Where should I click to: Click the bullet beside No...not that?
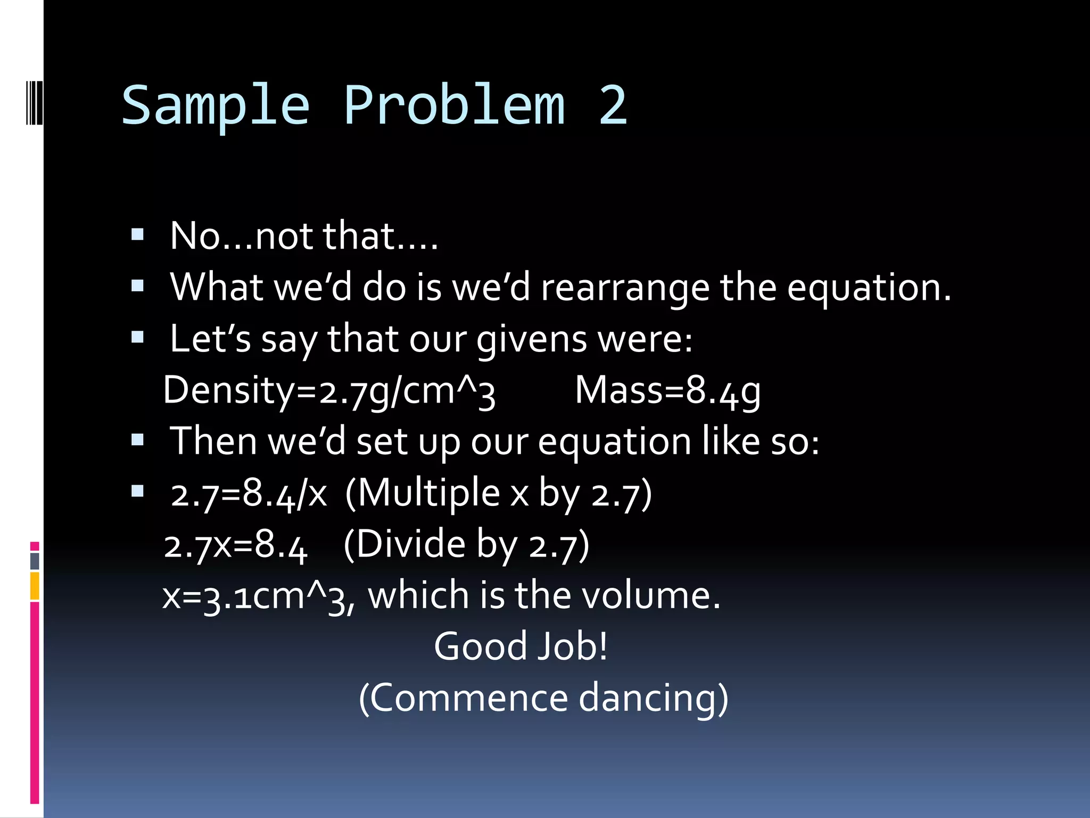(x=137, y=235)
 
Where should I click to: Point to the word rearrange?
(x=625, y=288)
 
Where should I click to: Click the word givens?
(x=532, y=339)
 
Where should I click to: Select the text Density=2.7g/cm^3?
(x=329, y=391)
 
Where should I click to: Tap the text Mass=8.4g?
(x=667, y=391)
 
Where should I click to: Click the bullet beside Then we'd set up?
(x=137, y=440)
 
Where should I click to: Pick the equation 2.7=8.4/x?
(x=249, y=494)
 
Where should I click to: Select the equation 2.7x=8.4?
(x=235, y=545)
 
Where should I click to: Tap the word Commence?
(x=468, y=698)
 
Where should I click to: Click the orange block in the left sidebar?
(x=35, y=586)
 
